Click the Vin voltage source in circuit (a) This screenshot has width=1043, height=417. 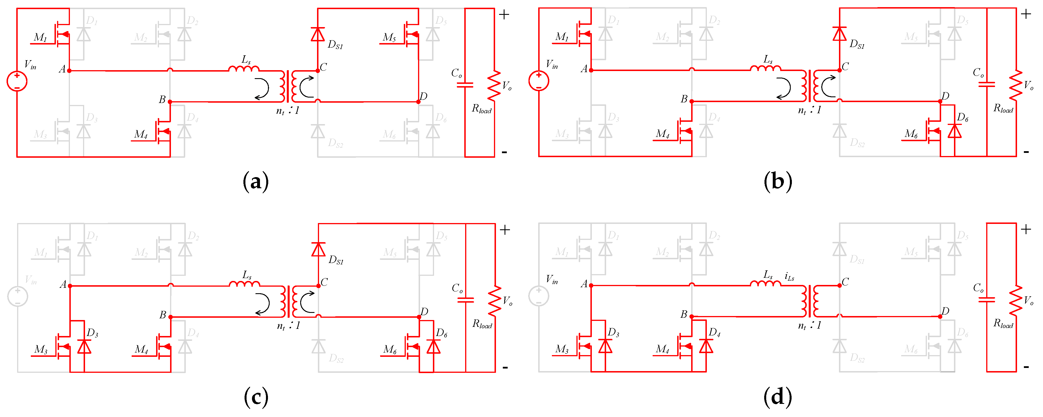[17, 81]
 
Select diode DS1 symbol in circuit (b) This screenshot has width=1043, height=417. [839, 34]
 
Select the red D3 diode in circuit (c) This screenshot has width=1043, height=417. [84, 347]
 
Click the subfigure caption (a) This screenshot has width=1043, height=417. [255, 182]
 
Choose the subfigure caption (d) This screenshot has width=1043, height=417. [777, 397]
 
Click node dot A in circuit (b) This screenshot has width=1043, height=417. [591, 70]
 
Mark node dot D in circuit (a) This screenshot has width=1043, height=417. [418, 102]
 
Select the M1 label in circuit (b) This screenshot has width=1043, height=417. [562, 37]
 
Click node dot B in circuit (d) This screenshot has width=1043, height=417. [691, 317]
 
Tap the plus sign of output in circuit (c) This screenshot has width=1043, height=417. [505, 230]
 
